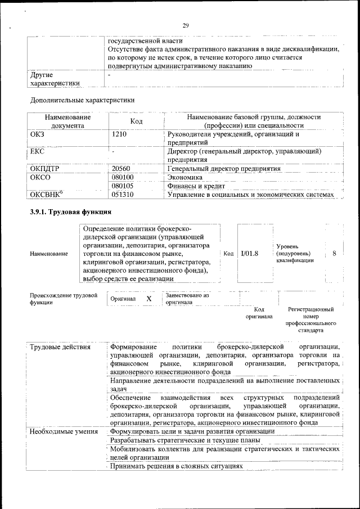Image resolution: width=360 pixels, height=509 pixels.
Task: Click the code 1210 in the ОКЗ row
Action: point(119,134)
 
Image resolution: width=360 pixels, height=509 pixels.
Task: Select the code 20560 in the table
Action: point(121,169)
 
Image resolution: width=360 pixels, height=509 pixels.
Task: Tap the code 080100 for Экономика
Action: point(123,177)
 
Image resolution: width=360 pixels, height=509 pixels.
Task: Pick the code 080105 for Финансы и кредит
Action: point(123,186)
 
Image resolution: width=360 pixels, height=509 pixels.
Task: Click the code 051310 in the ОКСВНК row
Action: point(123,195)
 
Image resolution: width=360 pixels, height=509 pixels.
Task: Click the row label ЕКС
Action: point(37,152)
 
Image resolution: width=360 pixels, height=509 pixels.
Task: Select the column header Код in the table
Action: point(136,121)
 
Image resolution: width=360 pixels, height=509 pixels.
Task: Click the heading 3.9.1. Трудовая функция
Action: point(71,212)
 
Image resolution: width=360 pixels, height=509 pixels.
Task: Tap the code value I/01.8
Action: point(249,254)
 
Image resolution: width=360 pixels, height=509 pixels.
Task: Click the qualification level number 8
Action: point(334,254)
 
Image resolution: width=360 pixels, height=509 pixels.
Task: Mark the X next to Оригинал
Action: point(148,299)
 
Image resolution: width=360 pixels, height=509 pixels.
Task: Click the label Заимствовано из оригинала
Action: point(187,299)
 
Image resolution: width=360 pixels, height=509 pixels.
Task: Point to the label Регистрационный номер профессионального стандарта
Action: point(310,320)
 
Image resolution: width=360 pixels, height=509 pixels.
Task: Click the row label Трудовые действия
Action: point(60,346)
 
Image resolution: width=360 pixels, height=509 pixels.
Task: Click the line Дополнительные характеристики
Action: point(82,100)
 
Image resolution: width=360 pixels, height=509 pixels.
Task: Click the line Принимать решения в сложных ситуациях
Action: point(176,467)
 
